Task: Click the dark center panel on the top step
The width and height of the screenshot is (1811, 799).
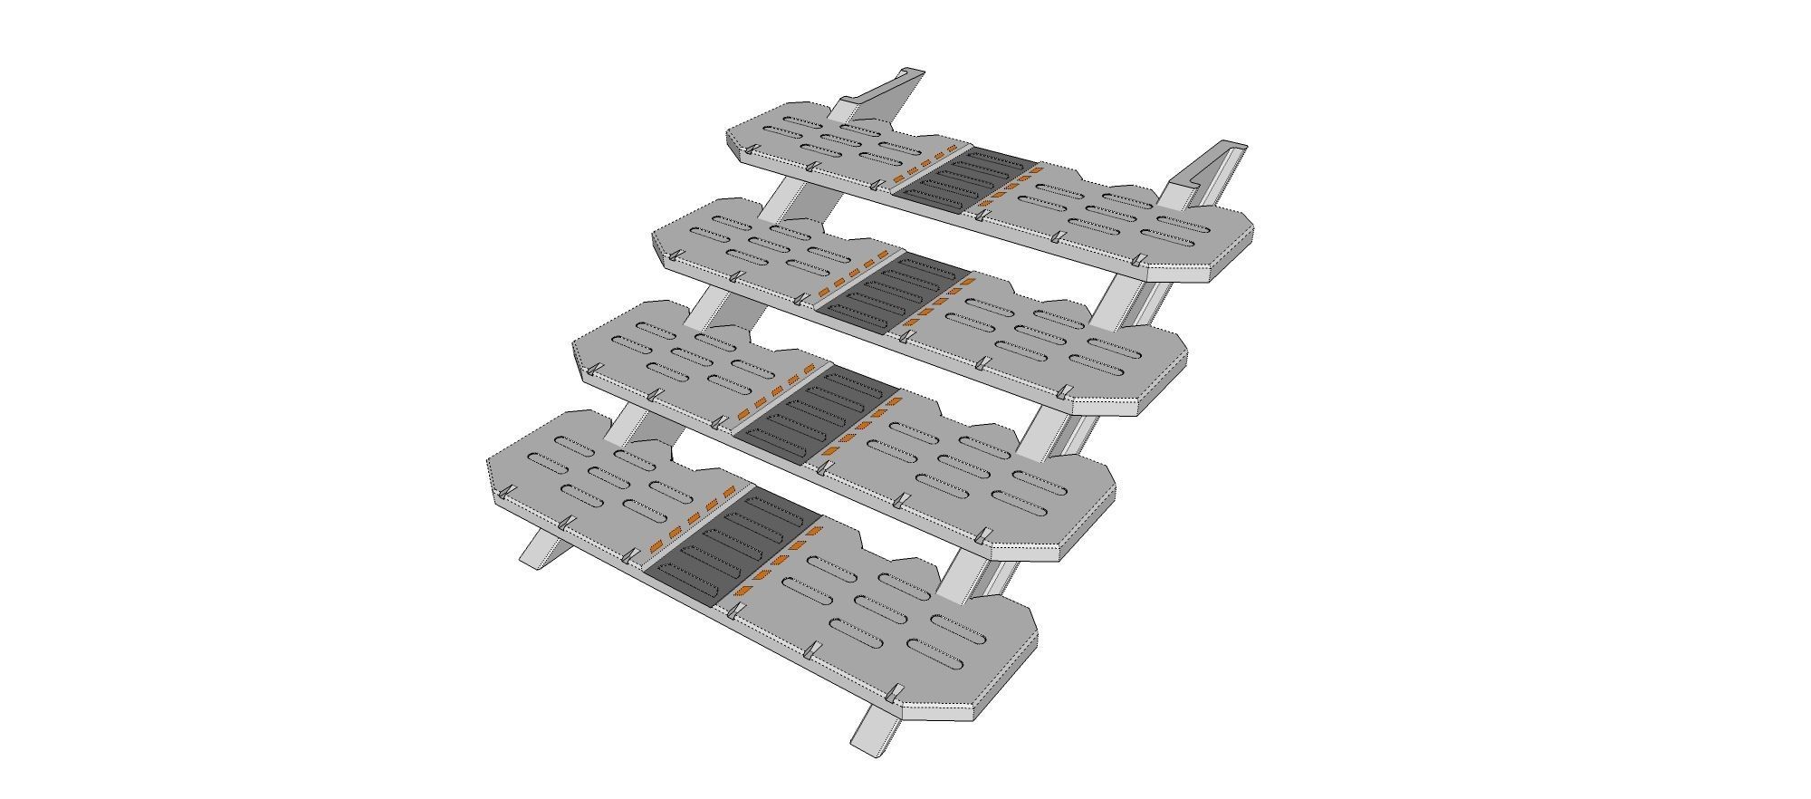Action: click(964, 179)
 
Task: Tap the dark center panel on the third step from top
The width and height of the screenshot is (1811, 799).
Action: click(815, 413)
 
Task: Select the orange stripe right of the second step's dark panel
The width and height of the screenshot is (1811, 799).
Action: click(937, 303)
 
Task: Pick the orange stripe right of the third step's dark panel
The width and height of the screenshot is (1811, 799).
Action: click(859, 426)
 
